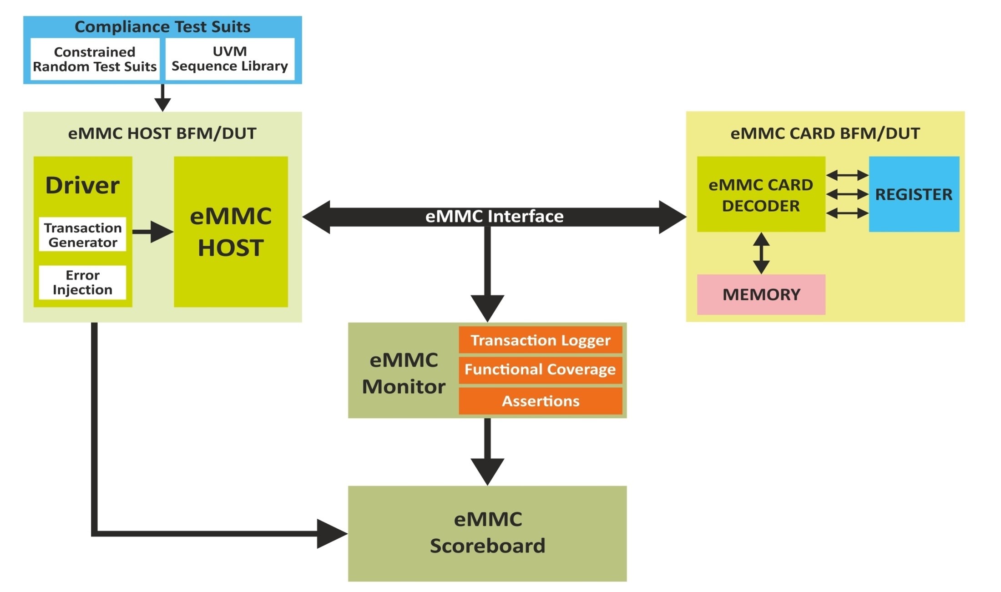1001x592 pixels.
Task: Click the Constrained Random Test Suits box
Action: coord(95,59)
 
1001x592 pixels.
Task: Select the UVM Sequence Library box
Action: coord(230,59)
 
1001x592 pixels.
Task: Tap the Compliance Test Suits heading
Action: coord(162,27)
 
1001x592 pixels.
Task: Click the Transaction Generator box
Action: coord(82,235)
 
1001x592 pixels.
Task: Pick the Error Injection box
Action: coord(82,283)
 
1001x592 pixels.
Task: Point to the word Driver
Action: coord(82,185)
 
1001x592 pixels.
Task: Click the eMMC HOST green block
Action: coord(231,232)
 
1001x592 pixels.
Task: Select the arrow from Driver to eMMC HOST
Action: coord(153,232)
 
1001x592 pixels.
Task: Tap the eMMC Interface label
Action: coord(494,217)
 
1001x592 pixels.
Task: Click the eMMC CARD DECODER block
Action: coord(761,195)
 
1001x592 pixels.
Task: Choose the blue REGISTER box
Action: coord(914,194)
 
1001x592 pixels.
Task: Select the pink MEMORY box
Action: coord(761,294)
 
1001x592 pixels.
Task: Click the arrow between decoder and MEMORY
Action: coord(761,253)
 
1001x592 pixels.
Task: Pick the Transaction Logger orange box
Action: coord(540,340)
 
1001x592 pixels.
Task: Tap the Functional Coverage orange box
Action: coord(540,369)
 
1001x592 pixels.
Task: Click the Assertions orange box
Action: coord(540,401)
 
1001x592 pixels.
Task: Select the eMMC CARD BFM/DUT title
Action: coord(825,133)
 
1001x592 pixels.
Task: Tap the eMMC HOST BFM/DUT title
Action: coord(162,133)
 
